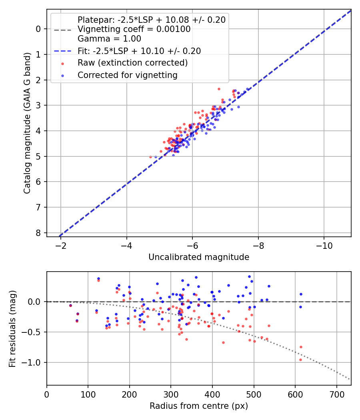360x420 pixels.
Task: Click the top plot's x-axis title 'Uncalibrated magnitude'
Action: click(199, 257)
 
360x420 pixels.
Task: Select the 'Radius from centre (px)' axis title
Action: click(199, 406)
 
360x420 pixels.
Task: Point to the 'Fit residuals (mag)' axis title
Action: click(12, 328)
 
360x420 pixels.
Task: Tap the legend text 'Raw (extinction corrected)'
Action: click(132, 63)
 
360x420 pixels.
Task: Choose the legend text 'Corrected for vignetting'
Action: click(127, 75)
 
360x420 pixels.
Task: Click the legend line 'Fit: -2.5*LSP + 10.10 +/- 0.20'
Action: click(139, 51)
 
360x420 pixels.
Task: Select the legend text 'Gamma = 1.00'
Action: click(109, 39)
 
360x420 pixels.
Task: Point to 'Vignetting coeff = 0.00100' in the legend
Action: click(134, 29)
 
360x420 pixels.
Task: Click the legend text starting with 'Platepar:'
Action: click(151, 20)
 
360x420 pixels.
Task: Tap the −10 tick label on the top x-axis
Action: click(324, 245)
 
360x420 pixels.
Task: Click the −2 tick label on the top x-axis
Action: click(61, 245)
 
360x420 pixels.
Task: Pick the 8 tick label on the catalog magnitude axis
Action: click(38, 233)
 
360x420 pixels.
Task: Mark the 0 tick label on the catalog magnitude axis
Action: click(38, 29)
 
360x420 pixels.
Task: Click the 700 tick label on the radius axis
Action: click(336, 394)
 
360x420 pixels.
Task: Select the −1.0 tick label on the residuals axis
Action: click(32, 363)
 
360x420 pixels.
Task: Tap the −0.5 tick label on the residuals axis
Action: click(32, 332)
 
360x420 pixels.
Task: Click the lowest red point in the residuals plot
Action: click(300, 360)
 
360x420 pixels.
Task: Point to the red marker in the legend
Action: click(62, 63)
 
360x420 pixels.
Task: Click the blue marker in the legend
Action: click(62, 75)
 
